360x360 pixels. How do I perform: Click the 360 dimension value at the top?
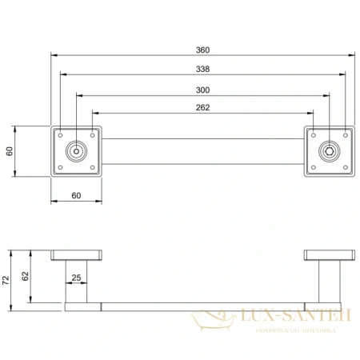203,50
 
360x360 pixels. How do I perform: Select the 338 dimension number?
203,69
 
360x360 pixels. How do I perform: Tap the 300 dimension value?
203,89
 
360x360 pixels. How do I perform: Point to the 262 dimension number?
203,107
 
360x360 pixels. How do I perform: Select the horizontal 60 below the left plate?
76,195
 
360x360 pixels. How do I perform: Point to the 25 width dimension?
76,278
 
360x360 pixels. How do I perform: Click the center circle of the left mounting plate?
76,150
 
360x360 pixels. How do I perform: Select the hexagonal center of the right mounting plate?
329,150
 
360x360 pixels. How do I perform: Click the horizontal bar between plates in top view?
203,150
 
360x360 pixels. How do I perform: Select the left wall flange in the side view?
76,255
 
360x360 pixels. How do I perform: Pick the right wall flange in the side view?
329,255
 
